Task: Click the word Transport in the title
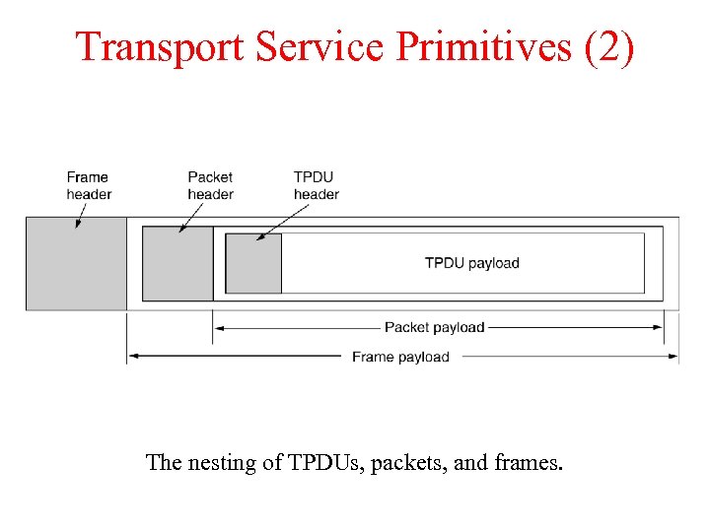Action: pyautogui.click(x=163, y=46)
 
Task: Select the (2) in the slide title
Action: pyautogui.click(x=608, y=46)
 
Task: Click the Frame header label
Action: pyautogui.click(x=89, y=185)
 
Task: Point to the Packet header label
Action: pyautogui.click(x=210, y=185)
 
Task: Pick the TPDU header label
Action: pyautogui.click(x=316, y=185)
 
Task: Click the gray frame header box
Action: pyautogui.click(x=76, y=263)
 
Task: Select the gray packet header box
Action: pyautogui.click(x=177, y=263)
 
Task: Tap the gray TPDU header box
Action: pyautogui.click(x=253, y=263)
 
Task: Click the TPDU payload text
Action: pyautogui.click(x=471, y=263)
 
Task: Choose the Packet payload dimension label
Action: pyautogui.click(x=434, y=327)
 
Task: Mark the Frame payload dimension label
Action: pyautogui.click(x=400, y=357)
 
